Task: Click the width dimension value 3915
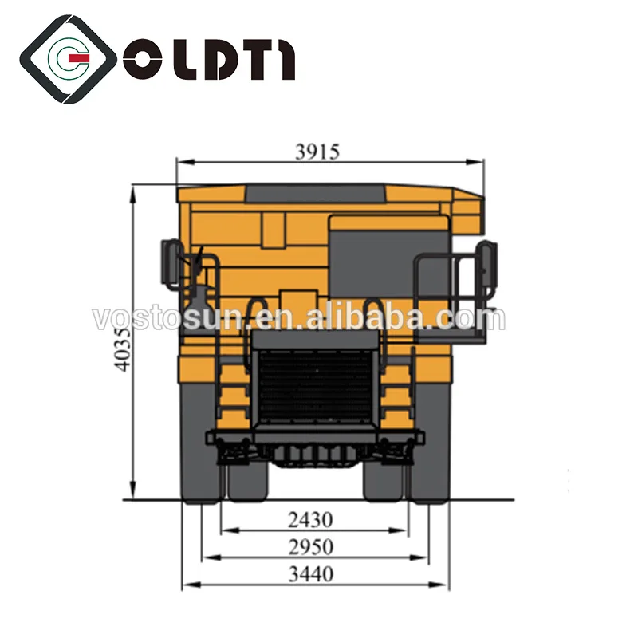(x=317, y=152)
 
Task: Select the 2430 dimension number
(x=311, y=520)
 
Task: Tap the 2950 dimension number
(x=311, y=546)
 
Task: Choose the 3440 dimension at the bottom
(x=311, y=573)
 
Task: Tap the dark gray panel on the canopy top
(x=315, y=193)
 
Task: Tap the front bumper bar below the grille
(x=315, y=437)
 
